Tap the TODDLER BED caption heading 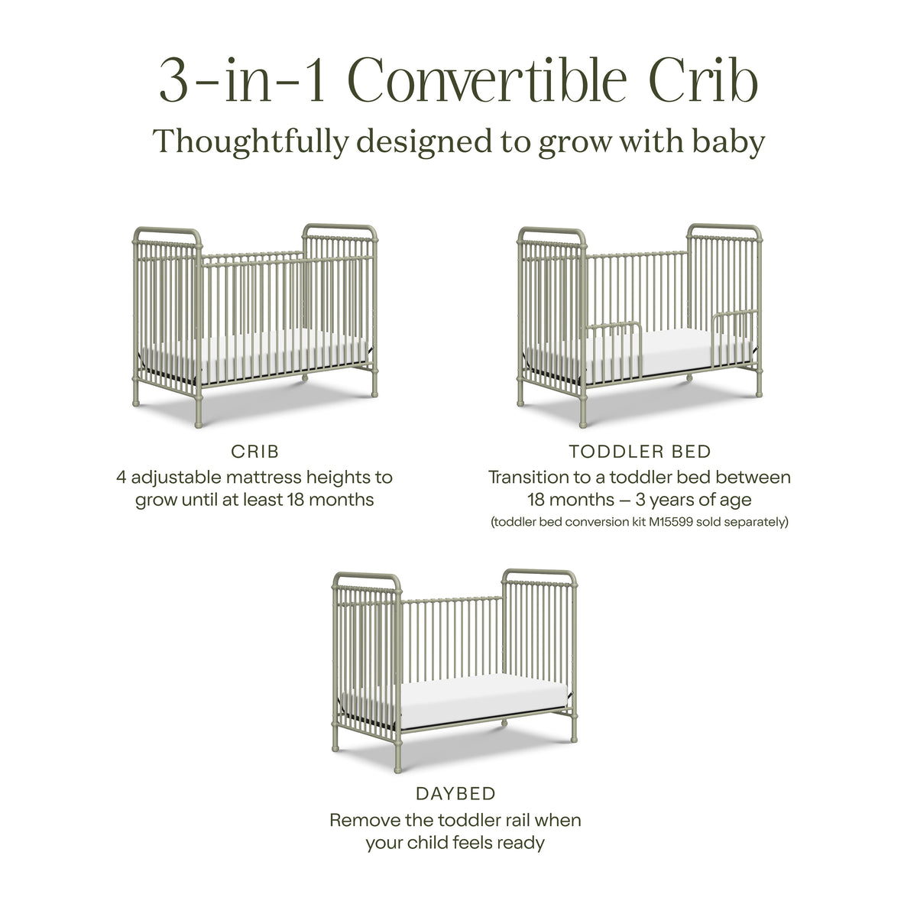[x=640, y=452]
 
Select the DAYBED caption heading [x=455, y=794]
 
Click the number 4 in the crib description [x=122, y=478]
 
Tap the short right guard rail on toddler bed [x=736, y=336]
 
